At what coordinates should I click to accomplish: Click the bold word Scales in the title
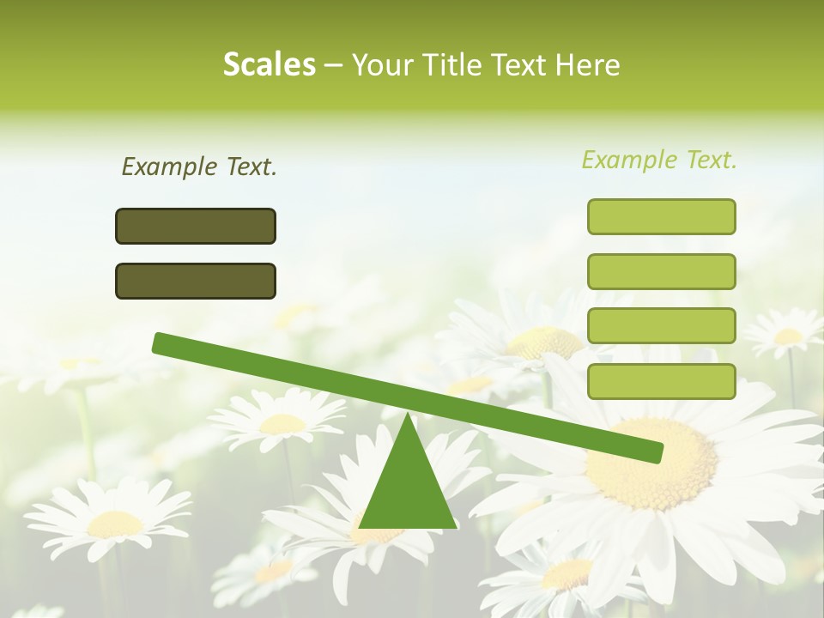tap(269, 64)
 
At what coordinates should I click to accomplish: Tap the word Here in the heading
tap(587, 64)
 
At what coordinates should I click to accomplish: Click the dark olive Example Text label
tap(199, 167)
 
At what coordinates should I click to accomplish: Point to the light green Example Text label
tap(659, 160)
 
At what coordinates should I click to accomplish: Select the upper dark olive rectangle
tap(196, 226)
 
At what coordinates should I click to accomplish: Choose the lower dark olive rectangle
tap(196, 281)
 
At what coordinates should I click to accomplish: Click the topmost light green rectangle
tap(661, 216)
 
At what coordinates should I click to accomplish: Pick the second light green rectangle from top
tap(661, 271)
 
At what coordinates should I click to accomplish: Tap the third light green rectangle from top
tap(661, 326)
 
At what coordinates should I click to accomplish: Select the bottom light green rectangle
tap(661, 381)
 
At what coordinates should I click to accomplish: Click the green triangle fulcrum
tap(408, 489)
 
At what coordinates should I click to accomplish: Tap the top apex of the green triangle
tap(408, 417)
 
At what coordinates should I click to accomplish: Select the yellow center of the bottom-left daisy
tap(115, 524)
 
